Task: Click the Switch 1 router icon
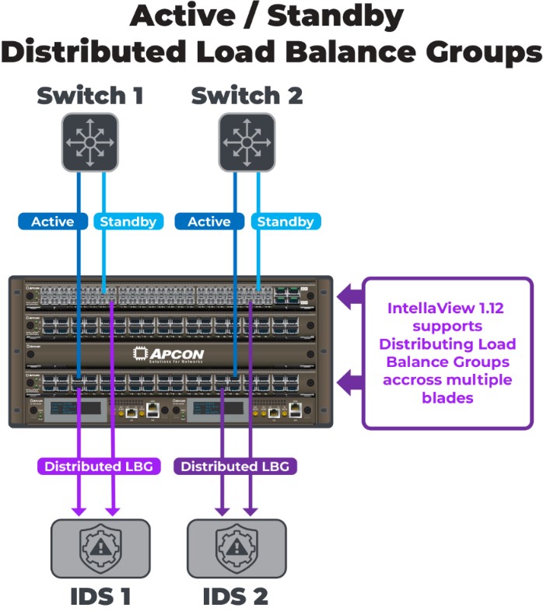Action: [x=90, y=141]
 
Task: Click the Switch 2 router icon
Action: [x=247, y=141]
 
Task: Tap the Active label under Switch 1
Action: [x=53, y=222]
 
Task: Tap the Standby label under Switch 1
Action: [x=128, y=222]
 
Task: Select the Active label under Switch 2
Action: [x=209, y=222]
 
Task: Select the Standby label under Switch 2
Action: [x=285, y=222]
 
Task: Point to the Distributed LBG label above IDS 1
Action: [x=97, y=466]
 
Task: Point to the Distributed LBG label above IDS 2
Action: [x=235, y=466]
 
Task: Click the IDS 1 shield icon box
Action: [x=100, y=548]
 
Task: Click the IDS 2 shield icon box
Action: [x=236, y=548]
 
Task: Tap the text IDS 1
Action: [x=100, y=596]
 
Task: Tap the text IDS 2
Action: [x=236, y=596]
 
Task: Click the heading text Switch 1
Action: [x=90, y=96]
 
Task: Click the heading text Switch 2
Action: [x=247, y=96]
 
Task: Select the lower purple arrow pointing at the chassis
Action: [x=349, y=382]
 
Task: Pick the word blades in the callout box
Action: [x=447, y=396]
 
